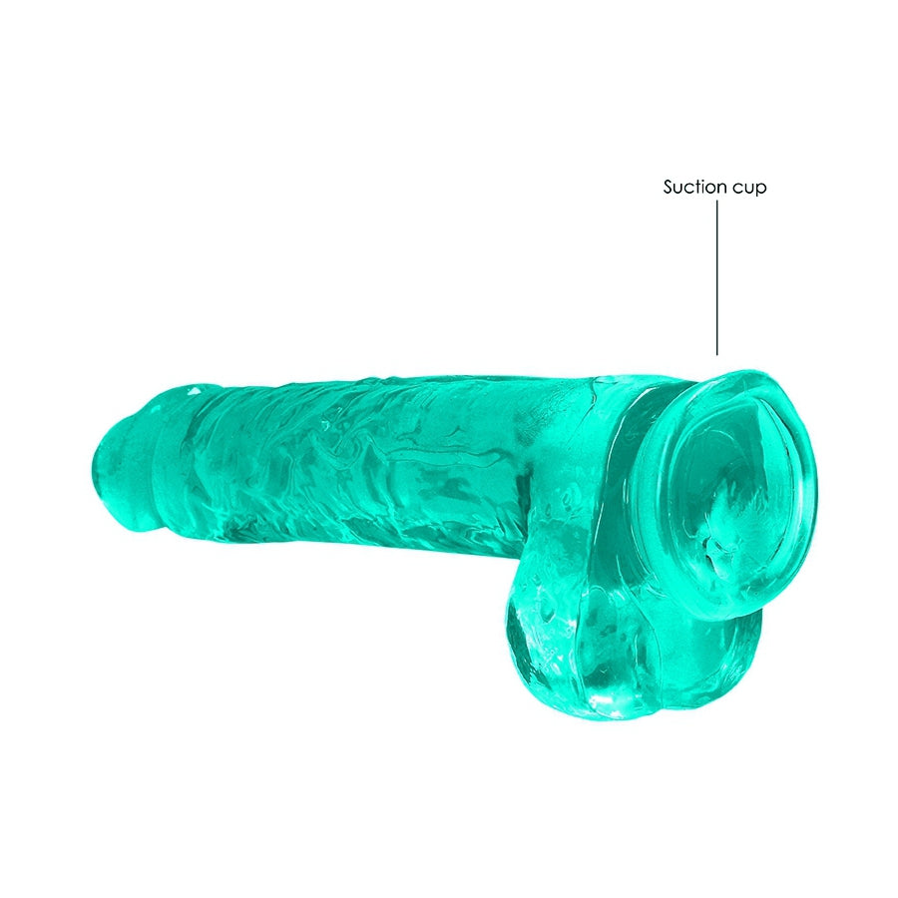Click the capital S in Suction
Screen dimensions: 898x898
669,187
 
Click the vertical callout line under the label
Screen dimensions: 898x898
717,277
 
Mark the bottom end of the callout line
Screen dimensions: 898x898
717,355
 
